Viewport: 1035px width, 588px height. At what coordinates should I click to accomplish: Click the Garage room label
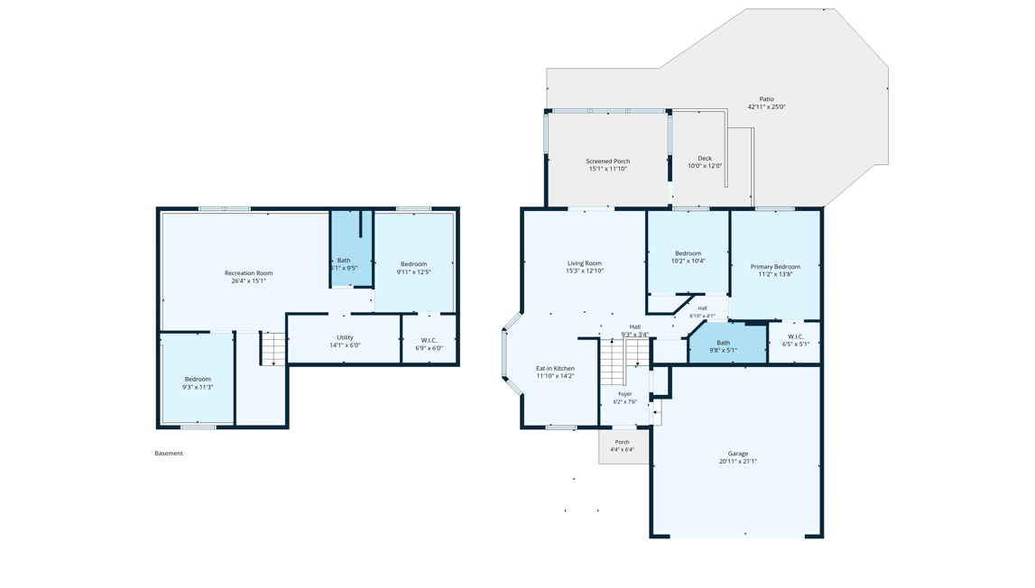[738, 454]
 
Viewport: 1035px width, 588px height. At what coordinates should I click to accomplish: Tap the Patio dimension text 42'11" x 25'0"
[766, 107]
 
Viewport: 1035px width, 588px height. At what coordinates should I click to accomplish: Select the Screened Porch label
[608, 161]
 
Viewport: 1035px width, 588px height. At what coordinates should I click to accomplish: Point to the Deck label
[705, 159]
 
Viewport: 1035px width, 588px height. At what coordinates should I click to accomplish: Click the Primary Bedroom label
[776, 267]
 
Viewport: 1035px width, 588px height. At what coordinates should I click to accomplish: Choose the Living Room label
[585, 263]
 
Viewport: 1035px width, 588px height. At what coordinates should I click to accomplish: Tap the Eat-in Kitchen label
[555, 368]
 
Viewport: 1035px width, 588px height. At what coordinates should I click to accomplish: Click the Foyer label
[625, 394]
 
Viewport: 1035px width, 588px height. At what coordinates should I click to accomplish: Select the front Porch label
[623, 442]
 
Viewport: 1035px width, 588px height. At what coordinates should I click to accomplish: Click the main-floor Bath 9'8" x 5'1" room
[727, 344]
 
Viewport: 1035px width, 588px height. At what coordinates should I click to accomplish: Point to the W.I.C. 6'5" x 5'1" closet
[795, 343]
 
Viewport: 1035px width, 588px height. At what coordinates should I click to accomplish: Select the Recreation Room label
[249, 273]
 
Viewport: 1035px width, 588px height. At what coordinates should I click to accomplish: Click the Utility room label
[346, 338]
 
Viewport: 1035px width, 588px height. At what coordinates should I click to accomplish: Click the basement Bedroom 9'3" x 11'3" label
[198, 380]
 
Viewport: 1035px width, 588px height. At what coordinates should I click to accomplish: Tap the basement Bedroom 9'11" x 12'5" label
[414, 264]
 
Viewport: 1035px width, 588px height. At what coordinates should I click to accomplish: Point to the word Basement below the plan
[169, 454]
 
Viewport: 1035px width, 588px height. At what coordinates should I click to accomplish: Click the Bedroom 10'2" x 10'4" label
[688, 253]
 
